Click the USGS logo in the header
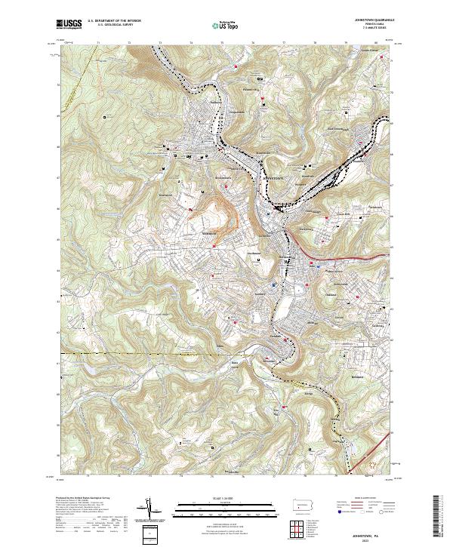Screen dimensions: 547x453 click(69, 25)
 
